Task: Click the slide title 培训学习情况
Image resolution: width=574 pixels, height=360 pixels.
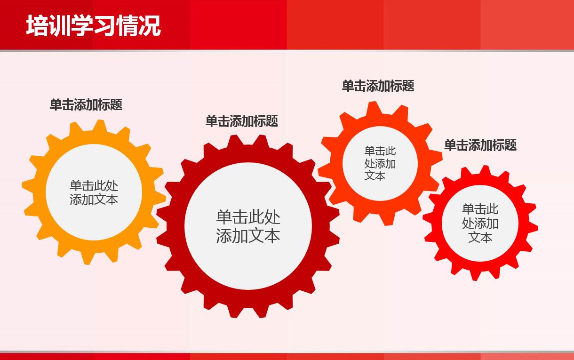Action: pos(93,26)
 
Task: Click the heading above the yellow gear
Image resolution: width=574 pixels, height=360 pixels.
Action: pos(86,104)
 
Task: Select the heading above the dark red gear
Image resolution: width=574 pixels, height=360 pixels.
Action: pos(241,121)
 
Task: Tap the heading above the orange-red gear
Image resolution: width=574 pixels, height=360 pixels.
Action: pos(378,86)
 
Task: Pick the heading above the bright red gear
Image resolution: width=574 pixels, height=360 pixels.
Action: pos(480,145)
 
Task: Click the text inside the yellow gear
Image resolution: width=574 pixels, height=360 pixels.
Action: pos(94,192)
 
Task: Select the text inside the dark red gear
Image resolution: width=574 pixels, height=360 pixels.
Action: pos(248,226)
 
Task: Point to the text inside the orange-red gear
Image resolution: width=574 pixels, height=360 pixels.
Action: pos(380,163)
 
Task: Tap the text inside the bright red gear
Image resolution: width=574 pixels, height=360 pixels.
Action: pos(480,223)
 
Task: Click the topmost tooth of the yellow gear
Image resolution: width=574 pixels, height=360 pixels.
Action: pos(99,126)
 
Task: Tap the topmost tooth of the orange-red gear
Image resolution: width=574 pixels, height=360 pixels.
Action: pos(374,108)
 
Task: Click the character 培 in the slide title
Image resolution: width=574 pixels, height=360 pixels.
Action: pos(37,26)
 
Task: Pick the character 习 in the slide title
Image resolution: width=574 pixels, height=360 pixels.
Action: pos(104,26)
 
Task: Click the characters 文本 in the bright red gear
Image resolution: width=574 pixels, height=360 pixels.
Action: pos(480,237)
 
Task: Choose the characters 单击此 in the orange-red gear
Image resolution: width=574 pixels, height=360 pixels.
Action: pos(380,151)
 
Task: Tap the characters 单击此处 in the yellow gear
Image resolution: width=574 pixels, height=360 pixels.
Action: pos(94,185)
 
